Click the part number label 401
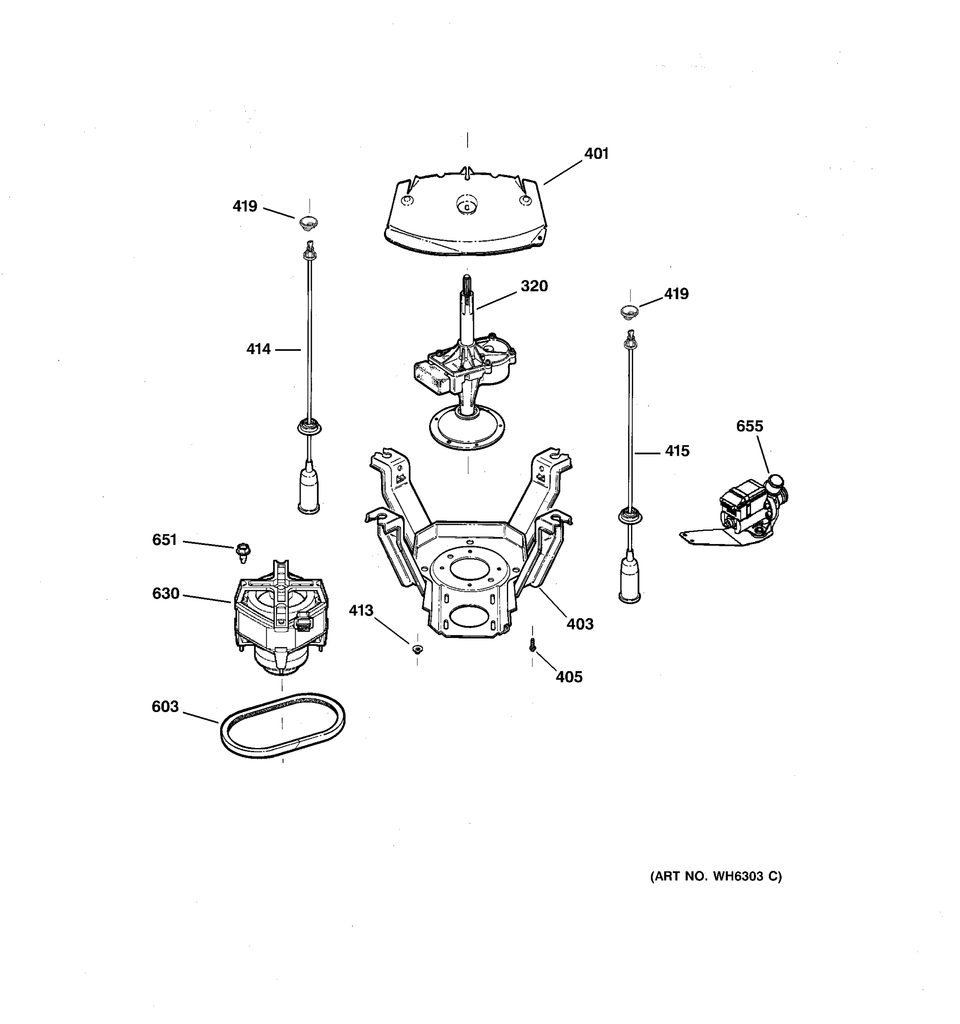pyautogui.click(x=596, y=154)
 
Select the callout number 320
pyautogui.click(x=534, y=286)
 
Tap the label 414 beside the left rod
pyautogui.click(x=258, y=349)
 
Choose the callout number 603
pyautogui.click(x=165, y=706)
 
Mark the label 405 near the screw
pyautogui.click(x=569, y=677)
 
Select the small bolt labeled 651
pyautogui.click(x=242, y=552)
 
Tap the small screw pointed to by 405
pyautogui.click(x=532, y=644)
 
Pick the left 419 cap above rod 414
pyautogui.click(x=308, y=224)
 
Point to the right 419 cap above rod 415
pyautogui.click(x=629, y=311)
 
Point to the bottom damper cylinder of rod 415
pyautogui.click(x=629, y=579)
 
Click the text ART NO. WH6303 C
pyautogui.click(x=716, y=876)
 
